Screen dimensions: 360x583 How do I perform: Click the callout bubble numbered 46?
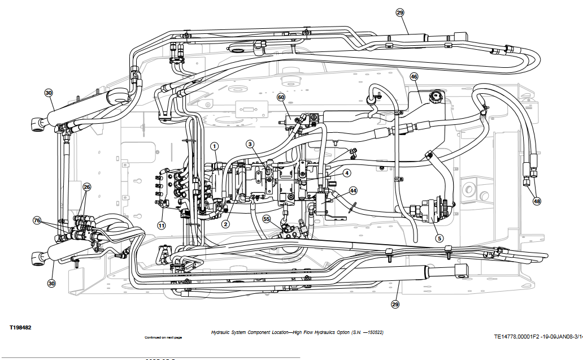(414, 77)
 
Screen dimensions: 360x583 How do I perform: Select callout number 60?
(281, 97)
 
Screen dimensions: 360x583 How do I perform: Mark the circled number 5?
(439, 238)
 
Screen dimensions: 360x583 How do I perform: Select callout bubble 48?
(536, 201)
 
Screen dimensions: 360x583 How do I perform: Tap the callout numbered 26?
(86, 186)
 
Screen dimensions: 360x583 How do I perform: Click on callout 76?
(37, 220)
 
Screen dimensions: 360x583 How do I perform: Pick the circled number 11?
(161, 225)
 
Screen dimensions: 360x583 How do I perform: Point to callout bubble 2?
(225, 224)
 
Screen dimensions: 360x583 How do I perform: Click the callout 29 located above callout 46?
(400, 12)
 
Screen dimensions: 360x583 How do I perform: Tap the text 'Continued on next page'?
(163, 337)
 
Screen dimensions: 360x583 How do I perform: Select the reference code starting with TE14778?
(537, 336)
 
